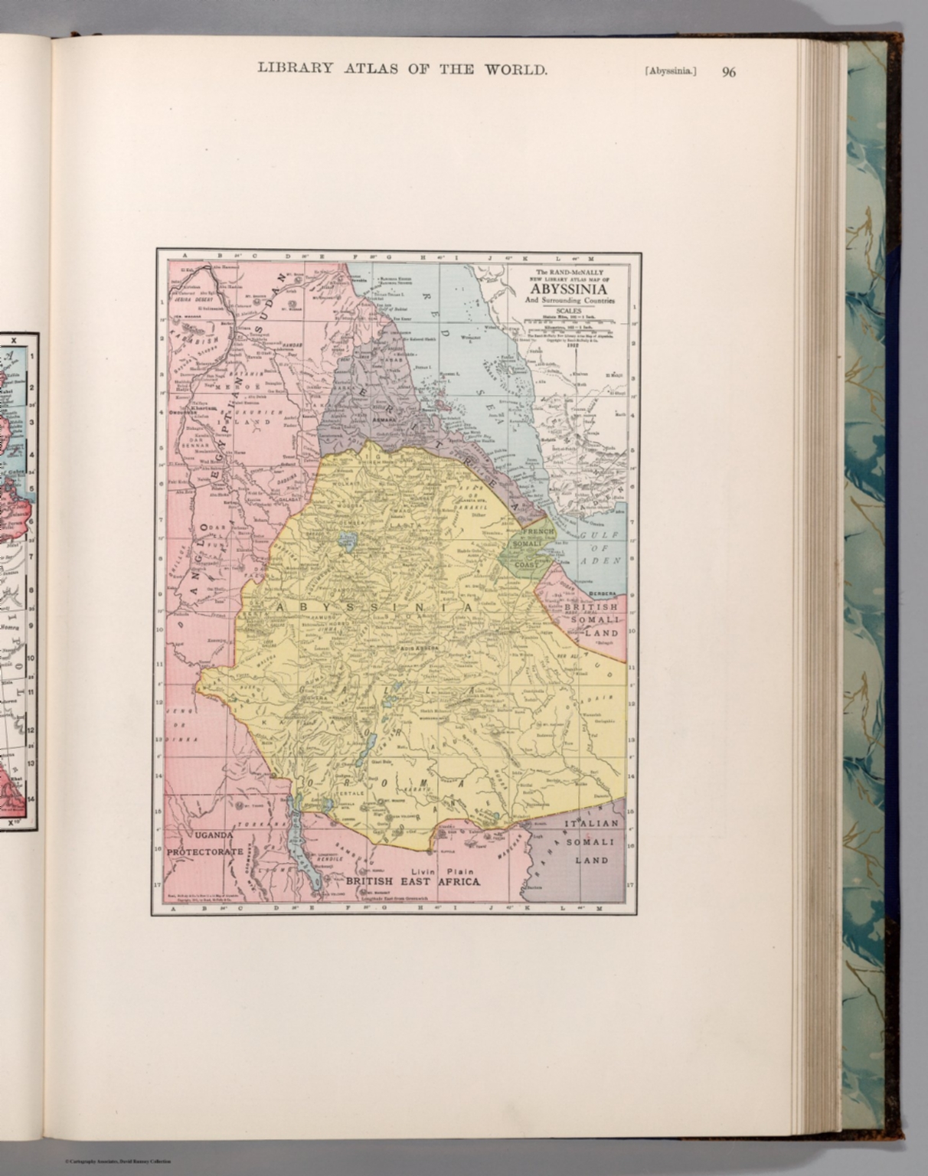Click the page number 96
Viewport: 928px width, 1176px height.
tap(728, 72)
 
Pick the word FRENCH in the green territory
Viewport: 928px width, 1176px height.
tap(537, 531)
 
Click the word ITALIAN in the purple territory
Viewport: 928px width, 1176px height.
tap(590, 823)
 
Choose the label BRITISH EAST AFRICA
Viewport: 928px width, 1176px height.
tap(413, 881)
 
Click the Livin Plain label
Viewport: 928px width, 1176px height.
tap(443, 871)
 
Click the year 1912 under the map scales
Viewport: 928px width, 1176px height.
tap(571, 345)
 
